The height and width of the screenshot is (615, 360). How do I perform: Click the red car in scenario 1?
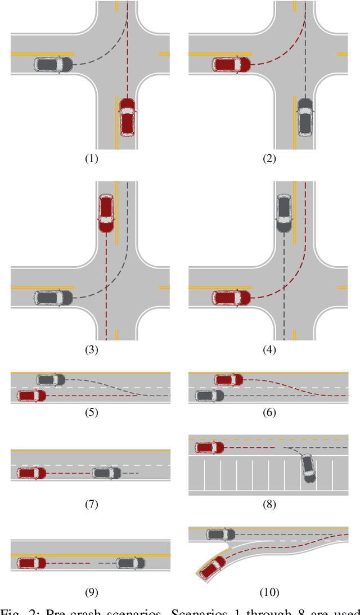tap(127, 117)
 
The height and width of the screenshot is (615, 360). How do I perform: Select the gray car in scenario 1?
tap(53, 64)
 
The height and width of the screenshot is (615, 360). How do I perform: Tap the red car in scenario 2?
tap(232, 64)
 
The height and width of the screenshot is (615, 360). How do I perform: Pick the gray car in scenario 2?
tap(305, 117)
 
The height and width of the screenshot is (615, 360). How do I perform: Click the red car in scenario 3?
tap(106, 213)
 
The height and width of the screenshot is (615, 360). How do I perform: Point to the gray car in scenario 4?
tap(284, 213)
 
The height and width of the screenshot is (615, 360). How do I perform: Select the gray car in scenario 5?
tap(51, 380)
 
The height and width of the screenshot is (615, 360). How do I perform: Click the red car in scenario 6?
tap(228, 380)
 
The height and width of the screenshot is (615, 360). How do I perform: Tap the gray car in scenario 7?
tap(106, 473)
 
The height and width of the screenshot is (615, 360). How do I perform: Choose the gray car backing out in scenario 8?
tap(308, 468)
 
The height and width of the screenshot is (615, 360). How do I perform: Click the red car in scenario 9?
tap(31, 563)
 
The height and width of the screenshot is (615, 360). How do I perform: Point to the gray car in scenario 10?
tap(221, 534)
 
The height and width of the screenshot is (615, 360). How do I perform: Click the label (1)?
tap(91, 158)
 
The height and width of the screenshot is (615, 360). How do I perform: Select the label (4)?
tap(269, 349)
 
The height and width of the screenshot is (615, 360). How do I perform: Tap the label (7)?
tap(91, 504)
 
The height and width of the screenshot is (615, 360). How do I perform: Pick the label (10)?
tap(269, 591)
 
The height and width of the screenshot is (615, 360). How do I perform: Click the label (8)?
tap(269, 504)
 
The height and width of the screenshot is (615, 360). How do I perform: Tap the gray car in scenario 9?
tap(130, 563)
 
